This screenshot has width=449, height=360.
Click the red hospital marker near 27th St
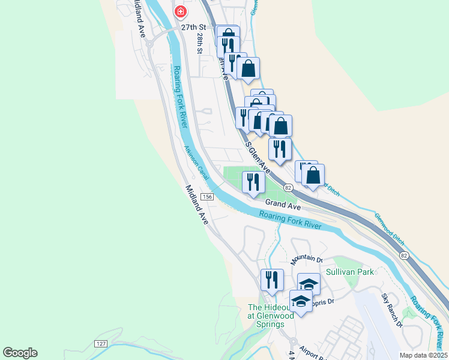(179, 12)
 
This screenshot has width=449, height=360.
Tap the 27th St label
(194, 28)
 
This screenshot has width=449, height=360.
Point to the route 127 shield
(101, 343)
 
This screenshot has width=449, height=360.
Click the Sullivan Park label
(349, 272)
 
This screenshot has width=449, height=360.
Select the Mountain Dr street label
(307, 260)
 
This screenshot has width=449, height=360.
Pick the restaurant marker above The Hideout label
(272, 280)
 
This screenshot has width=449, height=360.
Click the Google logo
(20, 353)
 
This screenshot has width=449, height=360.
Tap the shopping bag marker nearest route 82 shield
(313, 175)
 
